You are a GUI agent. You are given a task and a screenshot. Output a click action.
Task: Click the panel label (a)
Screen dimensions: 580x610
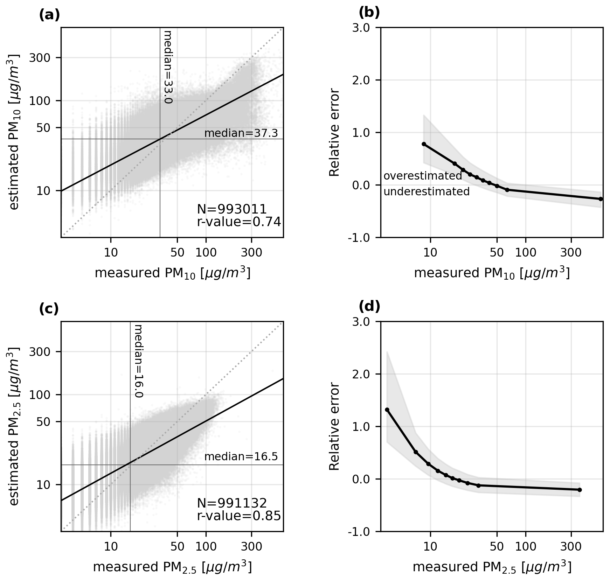point(49,16)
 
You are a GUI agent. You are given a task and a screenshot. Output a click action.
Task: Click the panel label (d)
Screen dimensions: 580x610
point(369,307)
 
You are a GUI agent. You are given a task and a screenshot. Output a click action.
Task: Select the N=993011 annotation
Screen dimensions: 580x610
point(232,209)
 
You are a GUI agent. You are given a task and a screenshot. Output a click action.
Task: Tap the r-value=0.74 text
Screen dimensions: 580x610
point(239,222)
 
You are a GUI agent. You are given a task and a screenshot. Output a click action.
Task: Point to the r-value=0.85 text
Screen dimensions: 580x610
point(239,516)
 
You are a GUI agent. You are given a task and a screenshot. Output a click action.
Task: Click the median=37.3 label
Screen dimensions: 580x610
point(241,133)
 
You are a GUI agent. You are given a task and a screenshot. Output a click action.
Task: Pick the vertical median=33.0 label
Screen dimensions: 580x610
point(168,67)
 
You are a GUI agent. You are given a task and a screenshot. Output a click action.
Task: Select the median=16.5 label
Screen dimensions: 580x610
point(241,457)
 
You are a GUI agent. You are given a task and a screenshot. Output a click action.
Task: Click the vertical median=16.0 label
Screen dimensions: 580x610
point(139,361)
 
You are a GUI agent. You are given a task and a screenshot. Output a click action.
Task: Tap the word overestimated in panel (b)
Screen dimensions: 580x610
point(423,176)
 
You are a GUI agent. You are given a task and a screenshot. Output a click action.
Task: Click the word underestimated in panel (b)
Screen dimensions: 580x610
point(427,192)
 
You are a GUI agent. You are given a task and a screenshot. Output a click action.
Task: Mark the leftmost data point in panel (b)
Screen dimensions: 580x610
point(424,144)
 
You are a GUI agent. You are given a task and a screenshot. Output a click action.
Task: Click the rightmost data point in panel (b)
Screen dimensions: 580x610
point(601,199)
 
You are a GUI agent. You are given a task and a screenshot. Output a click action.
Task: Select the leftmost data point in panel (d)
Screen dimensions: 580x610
point(387,410)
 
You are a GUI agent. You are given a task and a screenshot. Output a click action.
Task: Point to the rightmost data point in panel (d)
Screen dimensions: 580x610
point(580,490)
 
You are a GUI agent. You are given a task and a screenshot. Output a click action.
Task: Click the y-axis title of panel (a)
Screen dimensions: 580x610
point(14,132)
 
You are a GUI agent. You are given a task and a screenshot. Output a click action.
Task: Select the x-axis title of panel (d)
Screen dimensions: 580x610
point(492,567)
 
